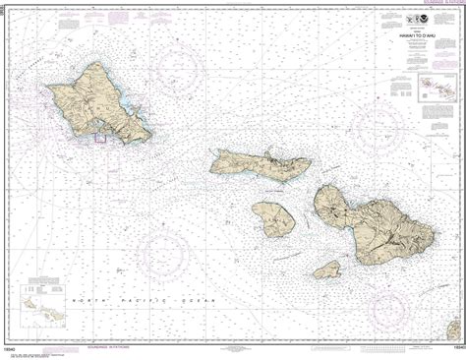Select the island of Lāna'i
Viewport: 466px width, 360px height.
(x=272, y=218)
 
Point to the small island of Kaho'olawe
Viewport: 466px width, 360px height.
(x=327, y=269)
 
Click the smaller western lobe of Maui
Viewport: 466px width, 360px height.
(x=331, y=207)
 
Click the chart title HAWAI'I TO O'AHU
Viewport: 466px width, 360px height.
(x=406, y=35)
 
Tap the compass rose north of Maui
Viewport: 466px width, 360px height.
(x=379, y=123)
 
